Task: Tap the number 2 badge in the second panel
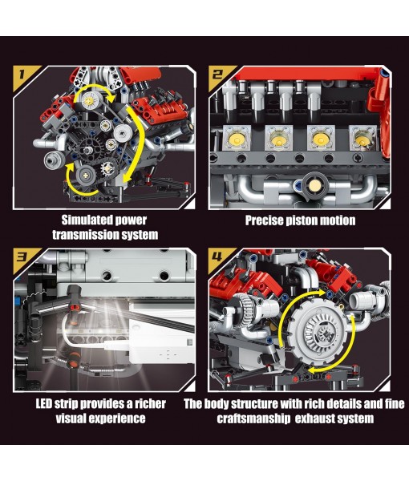tap(218, 76)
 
